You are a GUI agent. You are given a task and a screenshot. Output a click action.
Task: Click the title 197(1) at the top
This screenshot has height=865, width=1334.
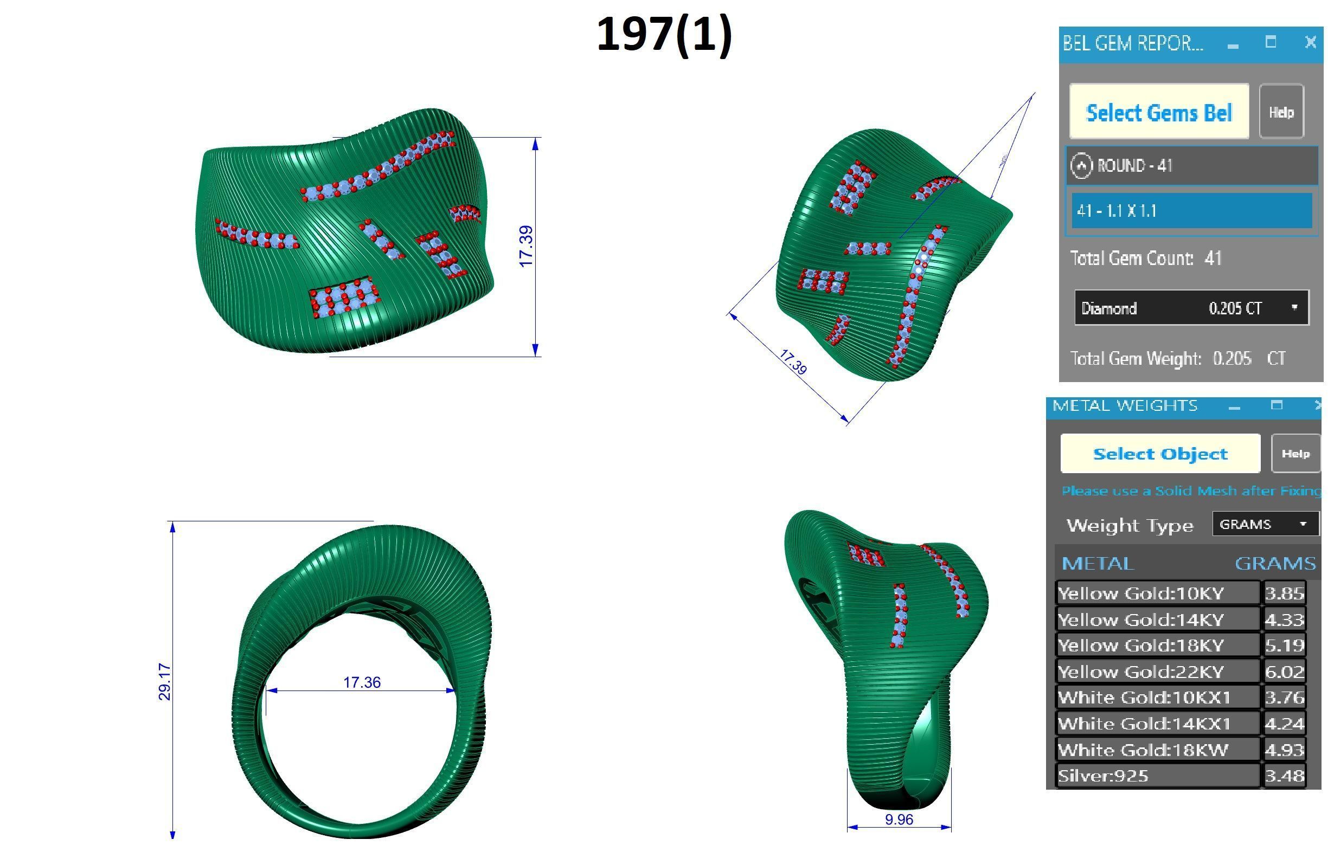[x=664, y=35]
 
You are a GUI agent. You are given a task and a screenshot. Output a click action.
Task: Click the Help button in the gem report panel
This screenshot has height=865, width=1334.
[x=1281, y=112]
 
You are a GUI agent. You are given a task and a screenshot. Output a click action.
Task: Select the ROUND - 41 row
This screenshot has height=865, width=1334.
[x=1191, y=166]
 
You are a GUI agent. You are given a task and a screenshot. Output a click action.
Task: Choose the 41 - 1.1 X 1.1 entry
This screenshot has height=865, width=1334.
[x=1191, y=211]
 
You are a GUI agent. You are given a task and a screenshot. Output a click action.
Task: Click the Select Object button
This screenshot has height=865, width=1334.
[x=1160, y=454]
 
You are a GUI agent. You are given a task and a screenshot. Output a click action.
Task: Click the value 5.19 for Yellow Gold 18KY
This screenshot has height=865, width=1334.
[x=1284, y=645]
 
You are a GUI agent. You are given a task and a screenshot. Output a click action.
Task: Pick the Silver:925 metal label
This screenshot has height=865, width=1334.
[x=1157, y=776]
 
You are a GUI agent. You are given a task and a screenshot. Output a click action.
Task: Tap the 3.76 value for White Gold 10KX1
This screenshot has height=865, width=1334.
[x=1284, y=698]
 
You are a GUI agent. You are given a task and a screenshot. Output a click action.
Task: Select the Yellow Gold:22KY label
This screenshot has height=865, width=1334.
[x=1157, y=671]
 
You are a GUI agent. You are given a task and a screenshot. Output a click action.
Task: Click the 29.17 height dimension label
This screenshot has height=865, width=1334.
[x=165, y=681]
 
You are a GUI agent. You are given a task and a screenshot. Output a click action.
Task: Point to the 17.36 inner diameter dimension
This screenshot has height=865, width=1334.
[x=362, y=682]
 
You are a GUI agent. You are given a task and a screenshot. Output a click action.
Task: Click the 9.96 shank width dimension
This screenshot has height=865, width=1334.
[x=899, y=819]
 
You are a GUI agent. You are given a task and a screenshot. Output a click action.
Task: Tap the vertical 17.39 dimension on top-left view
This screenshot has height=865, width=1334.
[x=526, y=247]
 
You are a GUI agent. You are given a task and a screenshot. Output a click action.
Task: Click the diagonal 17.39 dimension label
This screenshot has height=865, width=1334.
[x=793, y=362]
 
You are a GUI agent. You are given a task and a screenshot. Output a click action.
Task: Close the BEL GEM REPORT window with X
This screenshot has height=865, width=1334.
[x=1310, y=43]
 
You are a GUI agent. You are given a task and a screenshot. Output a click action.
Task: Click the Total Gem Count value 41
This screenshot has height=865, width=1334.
[x=1213, y=259]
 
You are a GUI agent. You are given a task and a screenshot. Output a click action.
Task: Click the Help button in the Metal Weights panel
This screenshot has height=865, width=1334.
[x=1295, y=454]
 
